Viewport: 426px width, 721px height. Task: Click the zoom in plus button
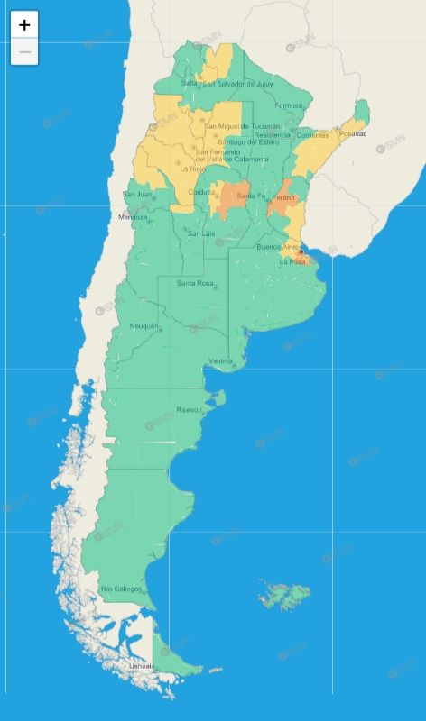point(24,25)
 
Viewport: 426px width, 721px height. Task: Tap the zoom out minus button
point(24,52)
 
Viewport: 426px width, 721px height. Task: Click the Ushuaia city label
point(141,666)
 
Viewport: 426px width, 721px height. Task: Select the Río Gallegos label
point(121,589)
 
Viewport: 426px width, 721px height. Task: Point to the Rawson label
point(190,409)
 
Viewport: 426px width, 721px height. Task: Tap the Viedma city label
point(221,361)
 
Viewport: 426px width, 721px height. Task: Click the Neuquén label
point(144,325)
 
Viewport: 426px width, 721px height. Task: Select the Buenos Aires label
point(276,247)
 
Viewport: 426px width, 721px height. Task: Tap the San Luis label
point(200,233)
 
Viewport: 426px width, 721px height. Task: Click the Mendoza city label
point(133,217)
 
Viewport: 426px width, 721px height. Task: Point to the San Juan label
point(137,194)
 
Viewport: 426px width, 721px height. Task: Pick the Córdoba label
point(200,192)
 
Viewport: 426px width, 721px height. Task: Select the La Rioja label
point(191,169)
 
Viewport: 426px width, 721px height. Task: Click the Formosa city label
point(289,105)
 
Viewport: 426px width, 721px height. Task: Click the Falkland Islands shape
point(285,595)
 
